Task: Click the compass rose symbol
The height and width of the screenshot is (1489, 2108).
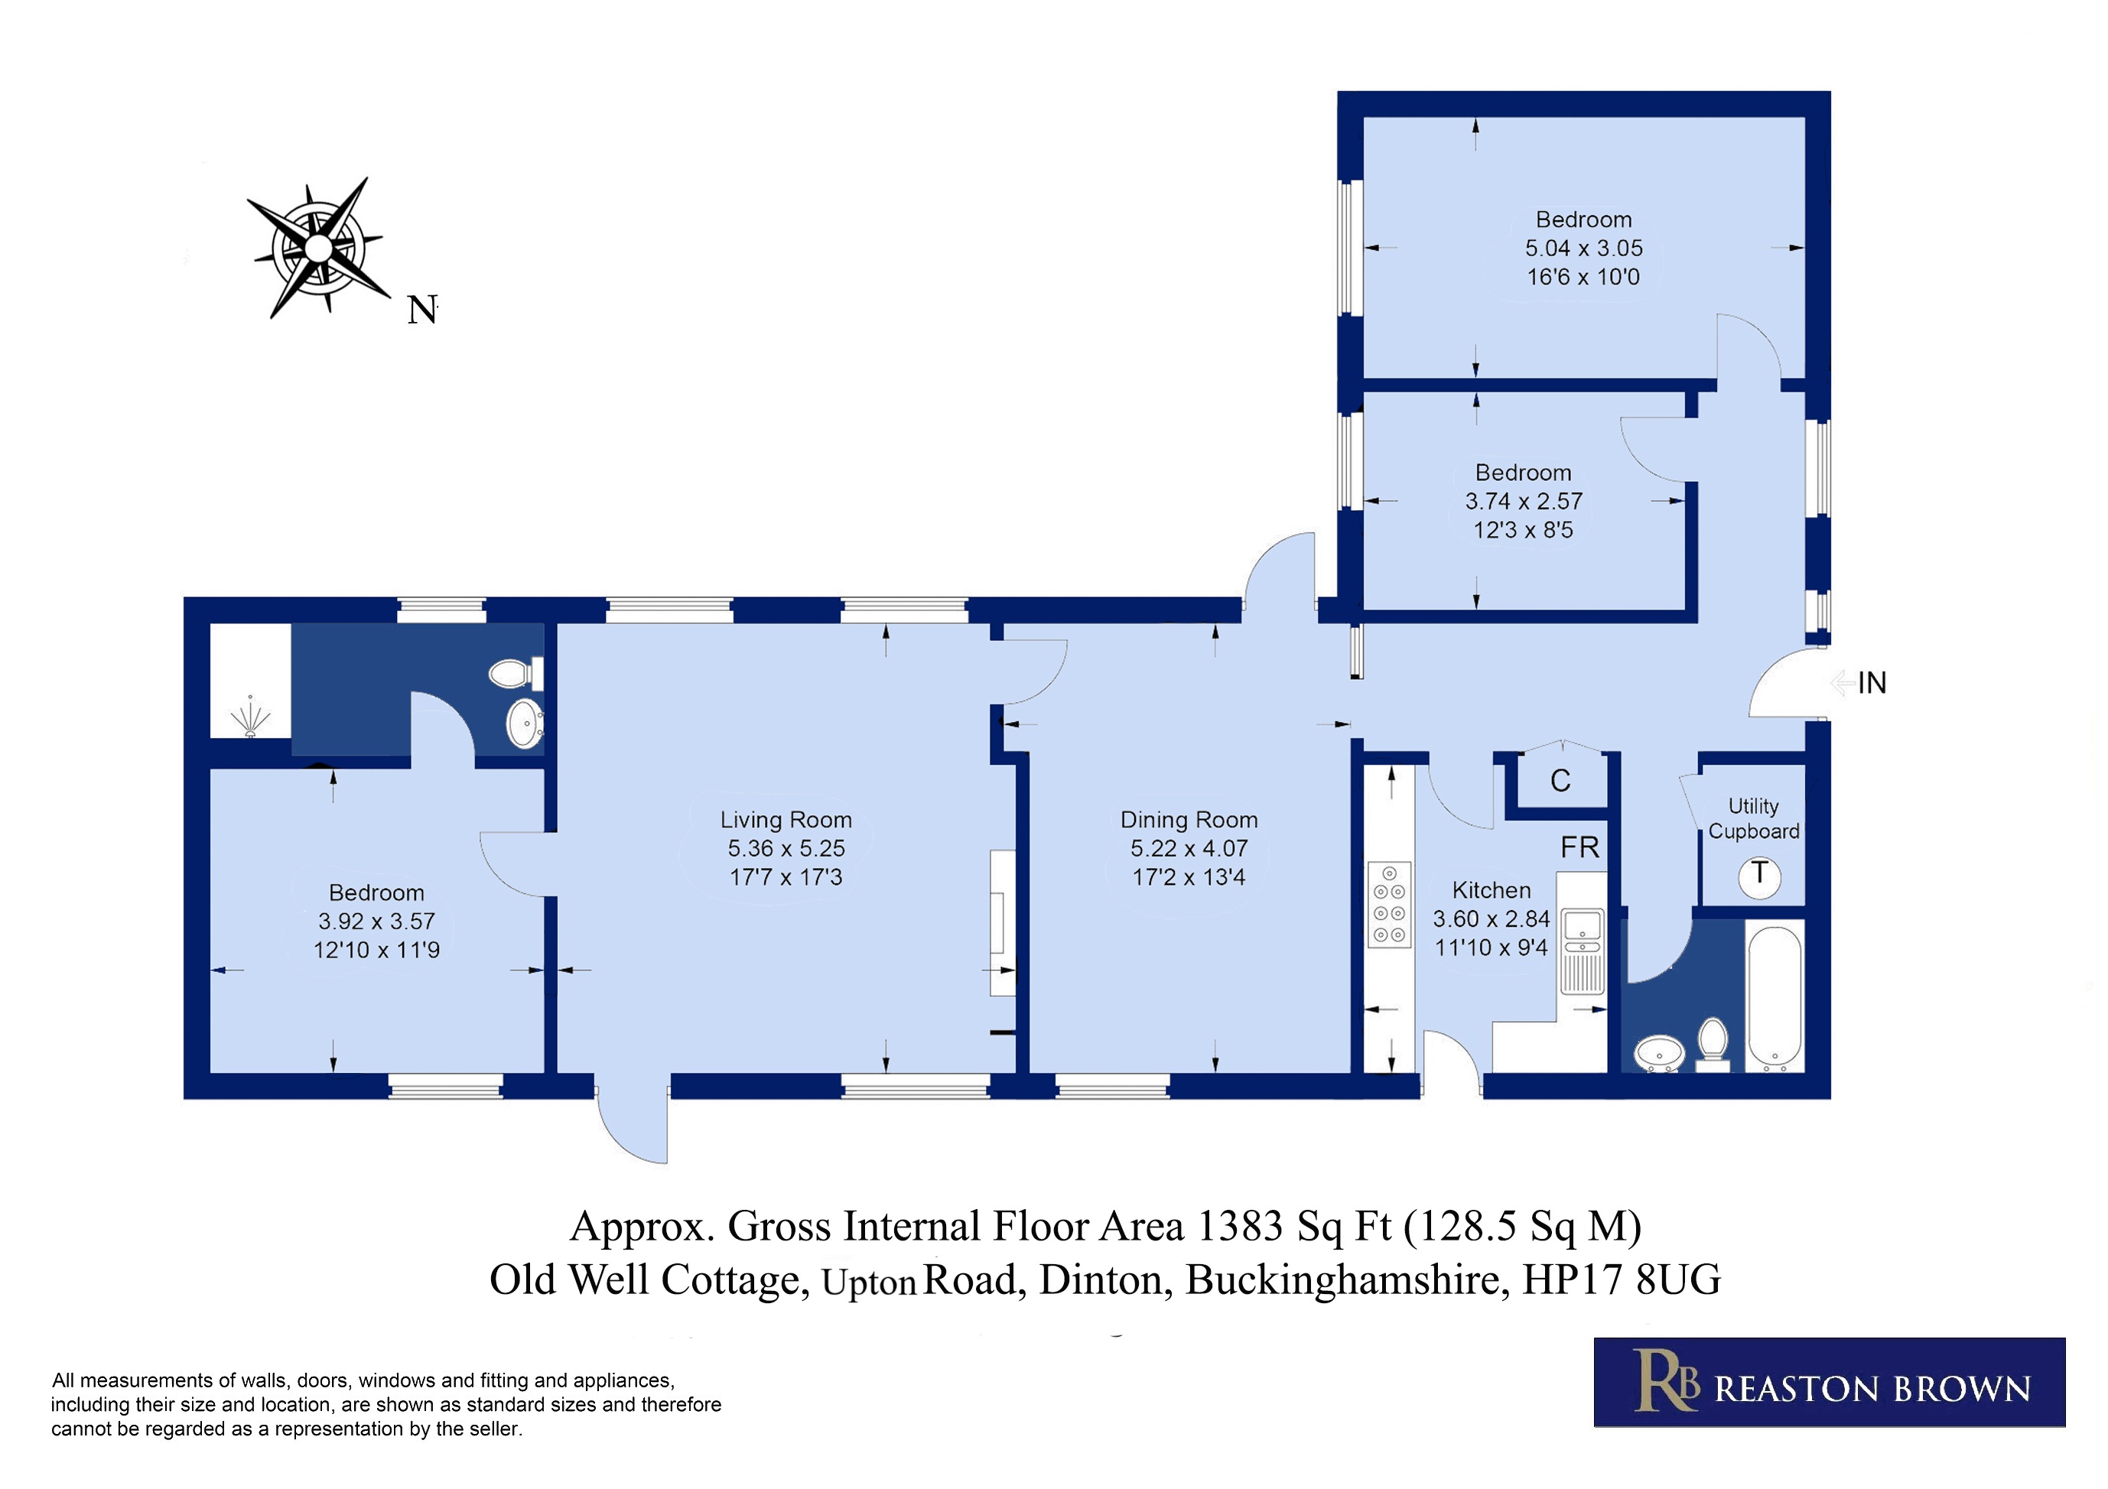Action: [x=317, y=248]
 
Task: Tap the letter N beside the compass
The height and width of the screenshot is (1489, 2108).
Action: [x=421, y=310]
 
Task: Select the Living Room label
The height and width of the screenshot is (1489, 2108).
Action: [x=786, y=820]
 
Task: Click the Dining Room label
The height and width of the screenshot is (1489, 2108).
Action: [x=1189, y=820]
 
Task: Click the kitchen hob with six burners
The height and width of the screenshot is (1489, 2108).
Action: [x=1389, y=904]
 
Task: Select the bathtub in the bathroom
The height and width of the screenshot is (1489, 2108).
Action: [x=1775, y=1000]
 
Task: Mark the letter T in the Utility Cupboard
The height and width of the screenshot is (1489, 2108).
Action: [x=1759, y=873]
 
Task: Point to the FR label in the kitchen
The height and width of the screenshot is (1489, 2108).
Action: [x=1579, y=847]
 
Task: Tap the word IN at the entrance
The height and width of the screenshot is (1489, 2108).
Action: [x=1872, y=683]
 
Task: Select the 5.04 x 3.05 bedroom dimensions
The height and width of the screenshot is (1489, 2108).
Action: [x=1584, y=248]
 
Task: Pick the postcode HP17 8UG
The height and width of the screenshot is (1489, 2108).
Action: [x=1622, y=1279]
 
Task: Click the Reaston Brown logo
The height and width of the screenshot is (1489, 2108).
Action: [x=1830, y=1383]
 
